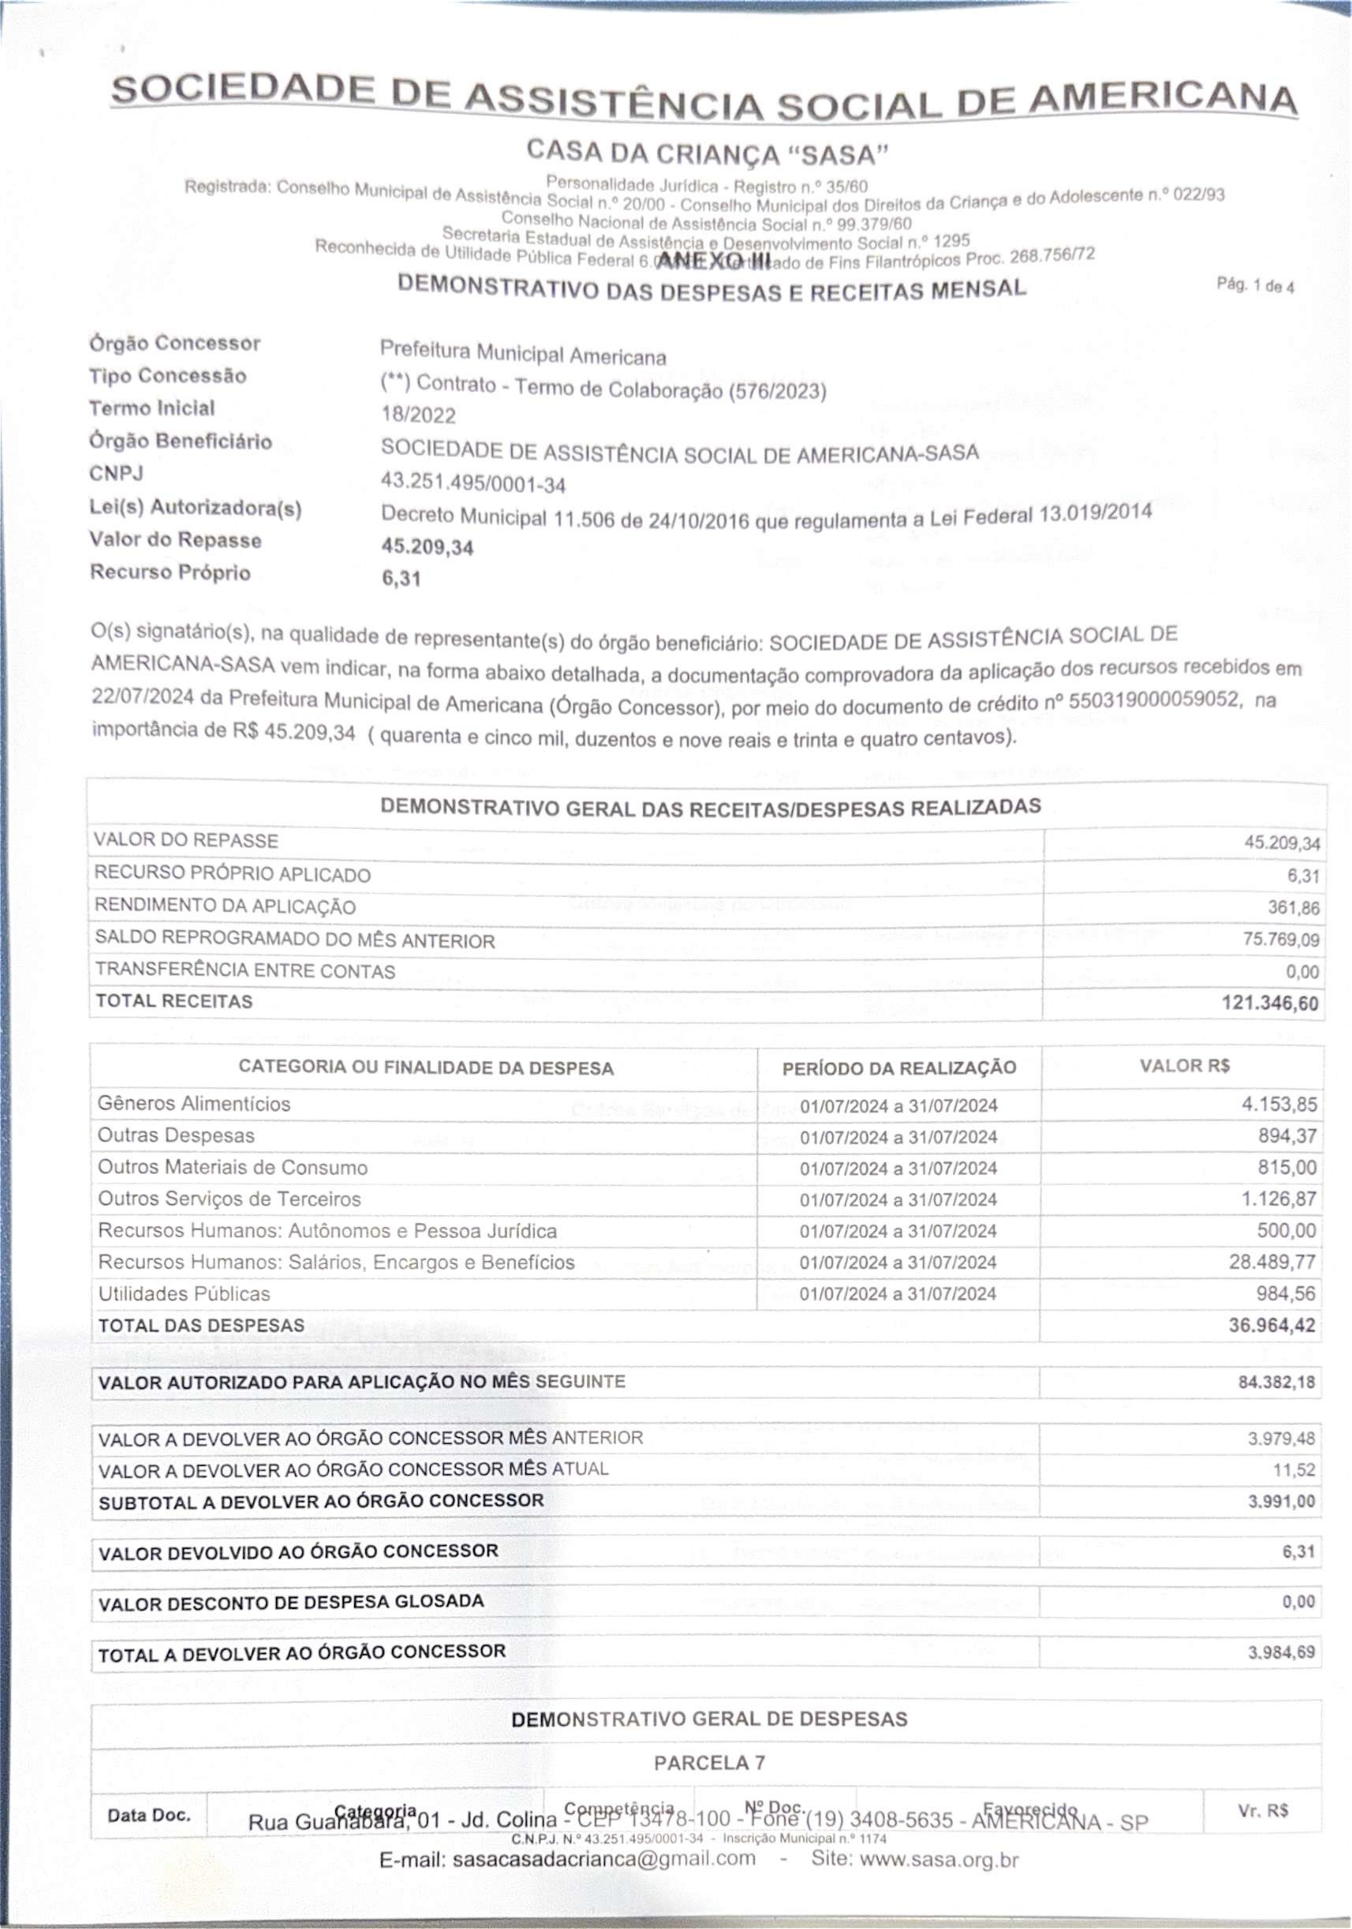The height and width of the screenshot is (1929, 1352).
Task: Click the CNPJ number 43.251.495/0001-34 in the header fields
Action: click(x=473, y=484)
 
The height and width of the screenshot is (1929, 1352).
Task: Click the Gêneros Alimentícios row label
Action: click(x=194, y=1104)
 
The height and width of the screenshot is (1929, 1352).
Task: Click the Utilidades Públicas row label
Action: click(x=184, y=1294)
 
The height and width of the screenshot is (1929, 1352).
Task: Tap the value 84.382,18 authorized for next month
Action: click(x=1276, y=1382)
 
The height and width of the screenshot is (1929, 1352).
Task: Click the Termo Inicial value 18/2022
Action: click(x=418, y=415)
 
